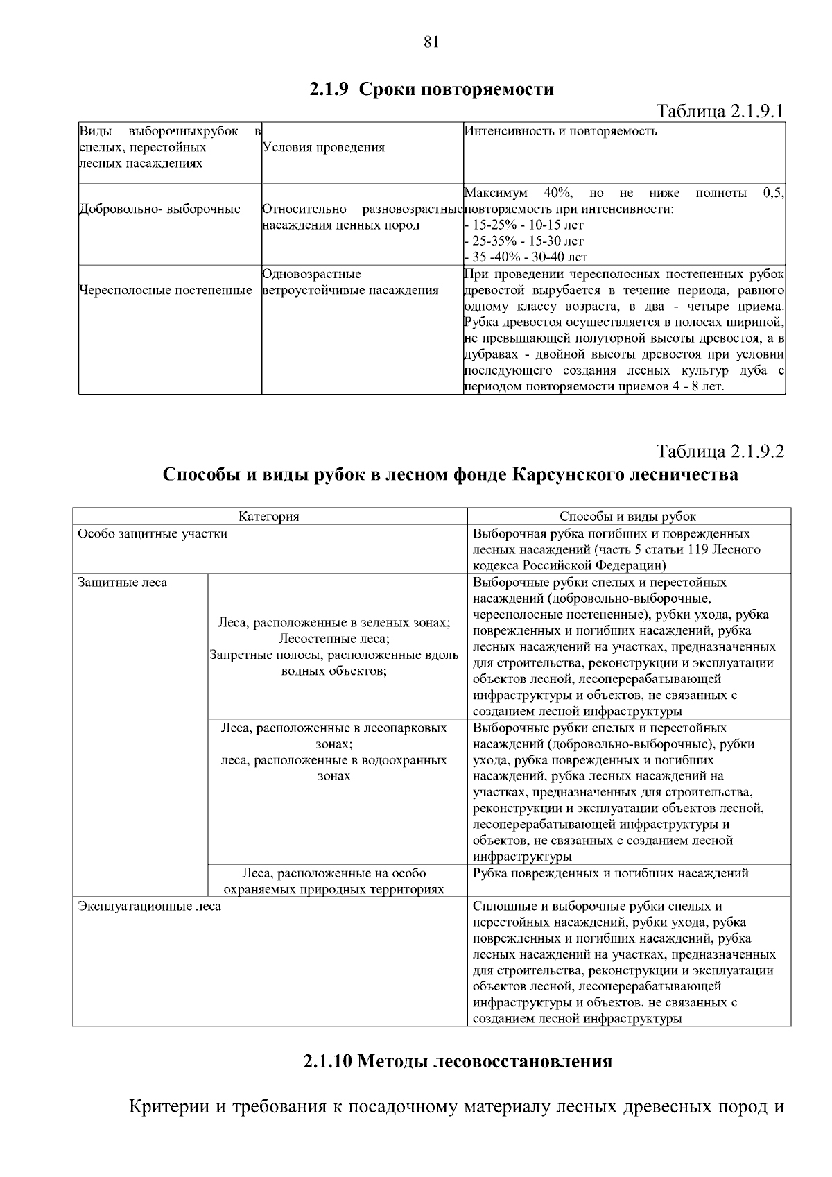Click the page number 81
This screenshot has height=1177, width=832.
pyautogui.click(x=431, y=42)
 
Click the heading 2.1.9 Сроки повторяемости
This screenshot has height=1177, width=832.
pyautogui.click(x=431, y=89)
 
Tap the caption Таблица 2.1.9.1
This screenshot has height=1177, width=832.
pyautogui.click(x=720, y=112)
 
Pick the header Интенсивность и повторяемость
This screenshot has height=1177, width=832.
pyautogui.click(x=560, y=131)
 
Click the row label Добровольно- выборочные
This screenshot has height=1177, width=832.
pyautogui.click(x=160, y=209)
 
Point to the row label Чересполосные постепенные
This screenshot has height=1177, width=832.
pyautogui.click(x=166, y=290)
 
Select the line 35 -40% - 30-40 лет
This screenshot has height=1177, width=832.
pyautogui.click(x=529, y=257)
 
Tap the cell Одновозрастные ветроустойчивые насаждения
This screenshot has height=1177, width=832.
pyautogui.click(x=350, y=282)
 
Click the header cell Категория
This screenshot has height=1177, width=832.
pyautogui.click(x=269, y=516)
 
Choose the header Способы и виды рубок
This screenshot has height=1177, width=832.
pyautogui.click(x=627, y=516)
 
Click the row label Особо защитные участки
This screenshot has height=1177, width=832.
pyautogui.click(x=153, y=533)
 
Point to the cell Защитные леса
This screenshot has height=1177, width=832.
pyautogui.click(x=123, y=582)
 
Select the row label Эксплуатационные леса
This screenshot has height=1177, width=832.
pyautogui.click(x=150, y=906)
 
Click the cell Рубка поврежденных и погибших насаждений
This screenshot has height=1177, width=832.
pyautogui.click(x=610, y=873)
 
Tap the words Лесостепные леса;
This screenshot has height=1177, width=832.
pyautogui.click(x=333, y=638)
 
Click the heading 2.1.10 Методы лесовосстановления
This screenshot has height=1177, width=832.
pyautogui.click(x=457, y=1061)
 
